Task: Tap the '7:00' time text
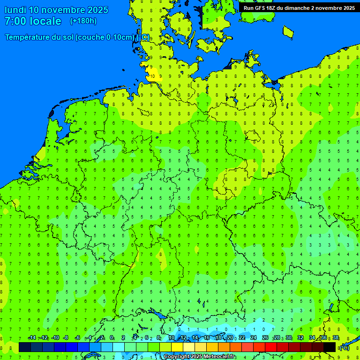pyautogui.click(x=15, y=21)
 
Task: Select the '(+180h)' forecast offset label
pyautogui.click(x=83, y=21)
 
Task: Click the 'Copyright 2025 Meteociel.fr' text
pyautogui.click(x=200, y=357)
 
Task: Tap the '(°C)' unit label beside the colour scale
pyautogui.click(x=344, y=347)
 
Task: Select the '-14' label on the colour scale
pyautogui.click(x=32, y=338)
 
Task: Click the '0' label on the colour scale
pyautogui.click(x=112, y=338)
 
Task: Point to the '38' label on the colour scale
pyautogui.click(x=336, y=338)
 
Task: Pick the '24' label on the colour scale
pyautogui.click(x=254, y=338)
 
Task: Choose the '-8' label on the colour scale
pyautogui.click(x=67, y=338)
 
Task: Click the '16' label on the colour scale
pyautogui.click(x=207, y=338)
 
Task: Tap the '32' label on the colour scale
pyautogui.click(x=300, y=338)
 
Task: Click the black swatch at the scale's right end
pyautogui.click(x=330, y=347)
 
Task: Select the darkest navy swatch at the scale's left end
pyautogui.click(x=25, y=347)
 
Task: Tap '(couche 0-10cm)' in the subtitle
pyautogui.click(x=105, y=37)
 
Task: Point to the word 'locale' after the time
pyautogui.click(x=45, y=21)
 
